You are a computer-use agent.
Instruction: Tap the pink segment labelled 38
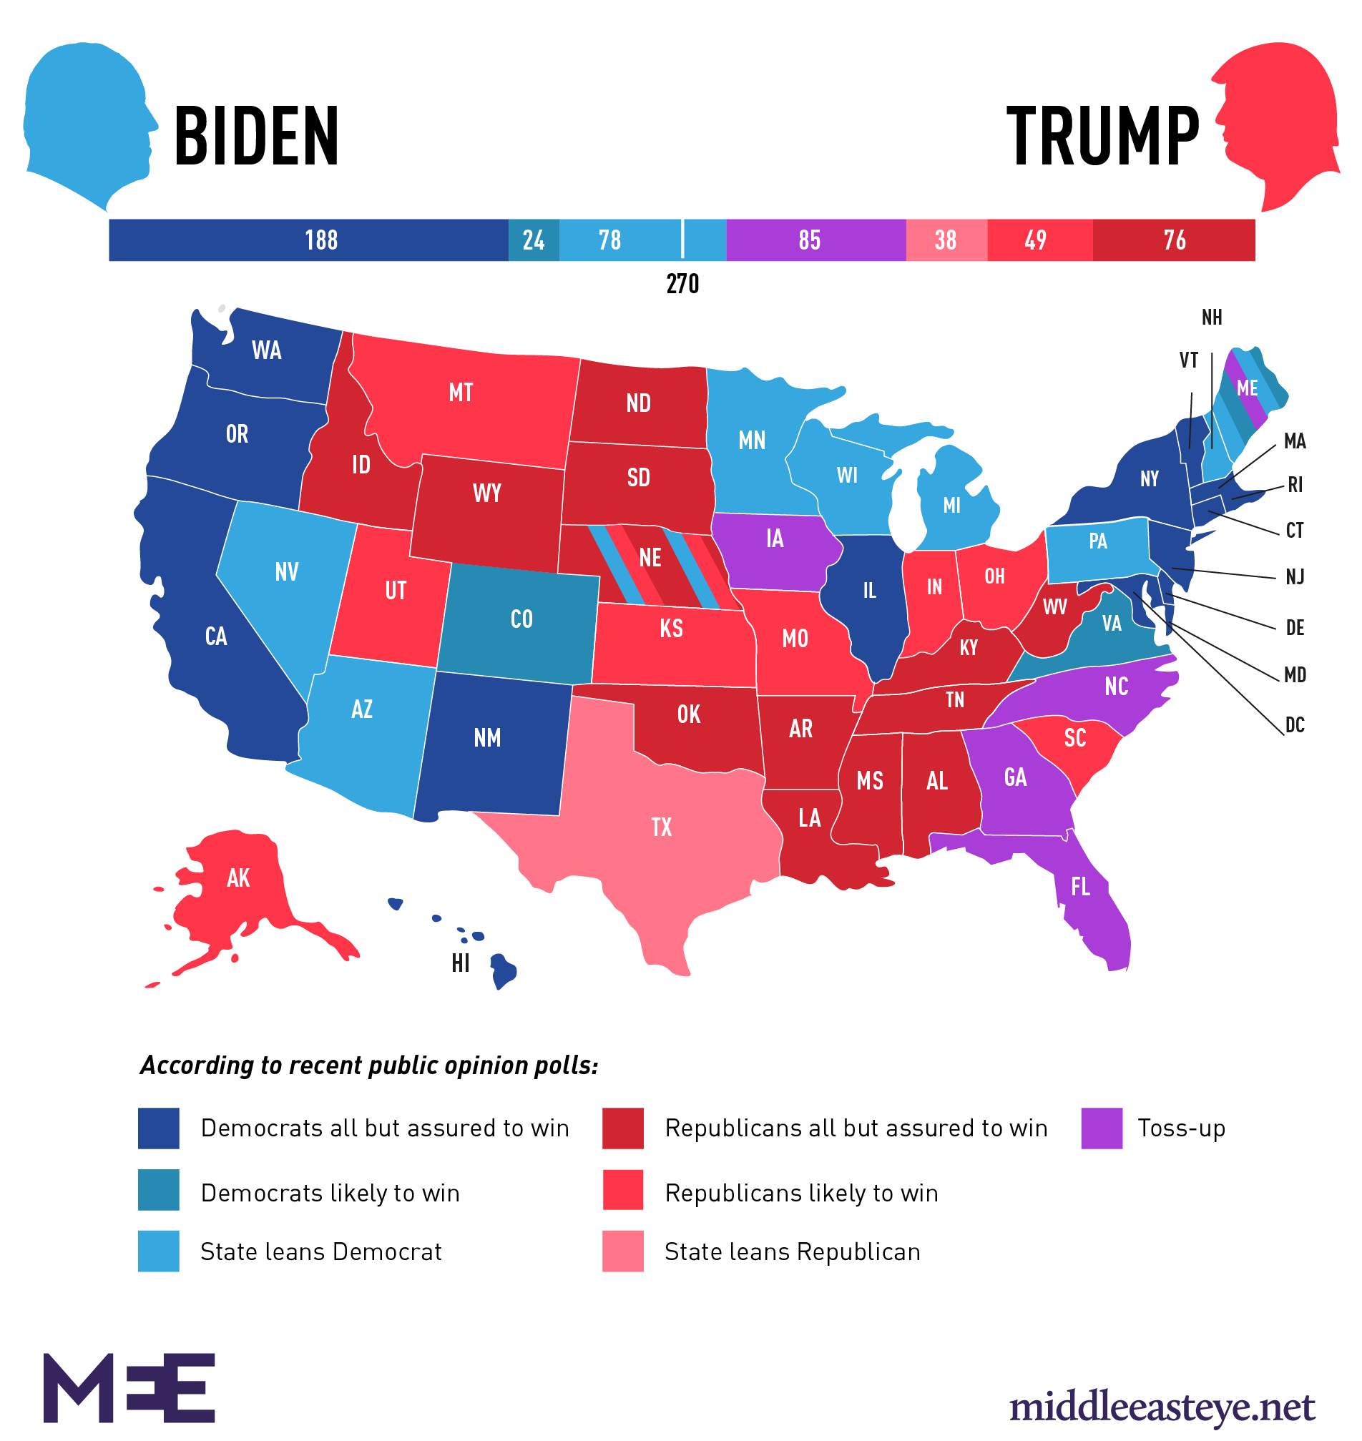pyautogui.click(x=945, y=240)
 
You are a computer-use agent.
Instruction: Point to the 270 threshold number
pyautogui.click(x=682, y=284)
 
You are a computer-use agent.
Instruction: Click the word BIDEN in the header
pyautogui.click(x=256, y=136)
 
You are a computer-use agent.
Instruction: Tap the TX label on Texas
pyautogui.click(x=662, y=827)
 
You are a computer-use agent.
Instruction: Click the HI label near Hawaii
pyautogui.click(x=460, y=964)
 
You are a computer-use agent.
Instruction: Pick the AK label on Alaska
pyautogui.click(x=238, y=878)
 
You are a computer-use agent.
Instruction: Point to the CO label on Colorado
pyautogui.click(x=521, y=619)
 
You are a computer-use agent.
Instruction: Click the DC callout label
pyautogui.click(x=1295, y=725)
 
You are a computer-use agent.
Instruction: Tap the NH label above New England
pyautogui.click(x=1211, y=318)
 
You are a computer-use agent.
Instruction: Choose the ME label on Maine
pyautogui.click(x=1247, y=388)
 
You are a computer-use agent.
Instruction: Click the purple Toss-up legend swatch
pyautogui.click(x=1101, y=1128)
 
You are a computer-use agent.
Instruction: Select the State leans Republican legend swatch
pyautogui.click(x=622, y=1251)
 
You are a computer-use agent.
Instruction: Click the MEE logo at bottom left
pyautogui.click(x=129, y=1387)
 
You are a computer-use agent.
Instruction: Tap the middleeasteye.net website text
pyautogui.click(x=1161, y=1407)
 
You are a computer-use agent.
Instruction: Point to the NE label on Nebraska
pyautogui.click(x=650, y=559)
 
